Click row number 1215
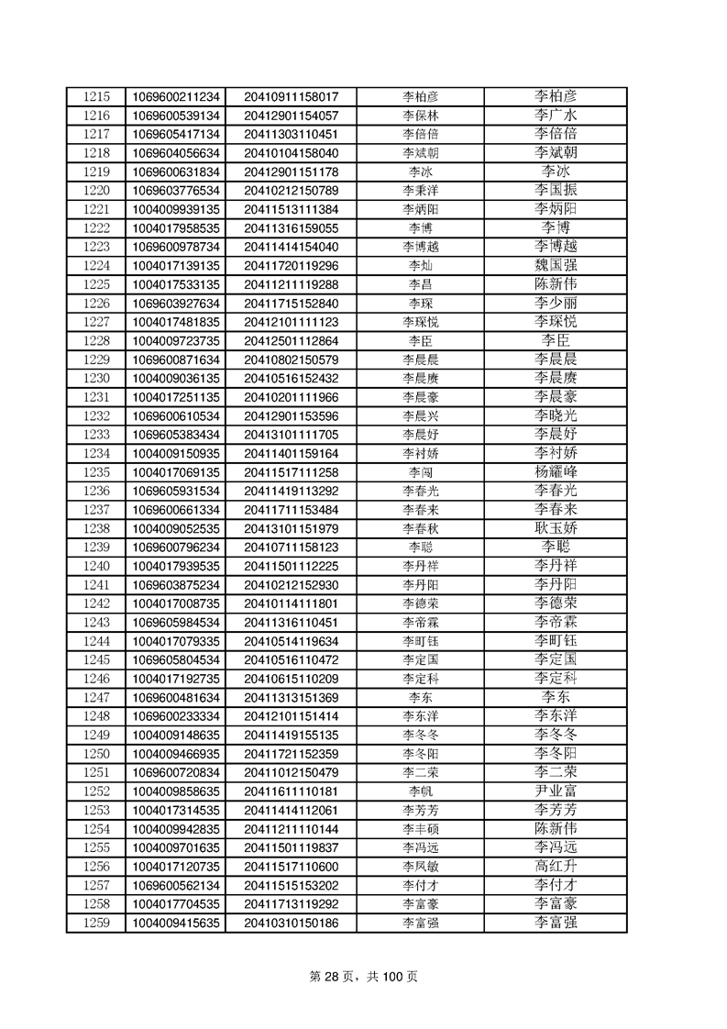pos(96,96)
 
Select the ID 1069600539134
pos(176,116)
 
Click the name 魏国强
pos(556,265)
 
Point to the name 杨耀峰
pos(556,471)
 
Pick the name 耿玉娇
pos(556,528)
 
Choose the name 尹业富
pos(556,791)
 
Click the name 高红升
pos(556,866)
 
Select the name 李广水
pos(556,116)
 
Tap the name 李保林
pos(420,116)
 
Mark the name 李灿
pos(420,265)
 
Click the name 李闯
pos(420,471)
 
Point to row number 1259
pos(96,922)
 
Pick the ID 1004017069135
pos(176,471)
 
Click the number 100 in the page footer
pos(391,977)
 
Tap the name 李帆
pos(420,791)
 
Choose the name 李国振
pos(556,190)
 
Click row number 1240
pos(96,565)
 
